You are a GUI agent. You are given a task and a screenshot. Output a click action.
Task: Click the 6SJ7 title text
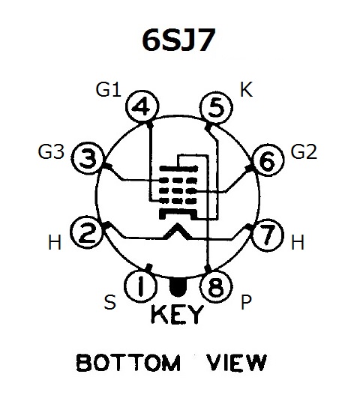178,40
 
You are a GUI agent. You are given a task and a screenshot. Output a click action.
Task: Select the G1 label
109,90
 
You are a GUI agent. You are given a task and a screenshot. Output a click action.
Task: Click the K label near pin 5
246,89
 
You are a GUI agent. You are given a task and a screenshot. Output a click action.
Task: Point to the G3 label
51,151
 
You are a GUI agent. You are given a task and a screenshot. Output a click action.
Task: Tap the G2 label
304,151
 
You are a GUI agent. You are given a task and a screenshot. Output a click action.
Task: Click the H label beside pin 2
55,242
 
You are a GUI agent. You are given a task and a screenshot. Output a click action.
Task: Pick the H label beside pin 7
298,242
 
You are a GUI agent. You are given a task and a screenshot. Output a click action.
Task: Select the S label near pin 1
110,302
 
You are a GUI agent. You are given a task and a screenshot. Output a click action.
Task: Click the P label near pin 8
246,302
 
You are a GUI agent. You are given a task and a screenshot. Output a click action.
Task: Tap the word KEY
177,314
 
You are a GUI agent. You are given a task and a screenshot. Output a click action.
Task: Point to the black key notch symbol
178,286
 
